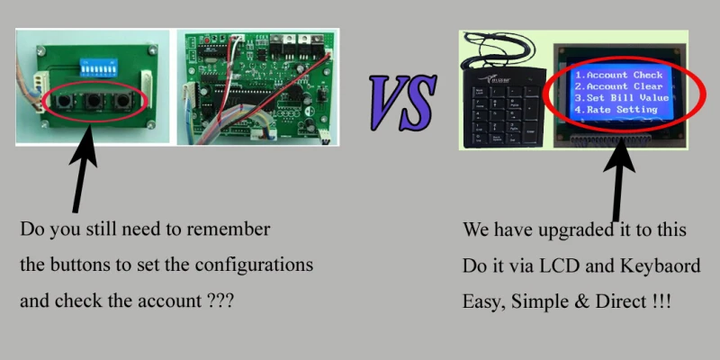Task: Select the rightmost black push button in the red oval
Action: (128, 103)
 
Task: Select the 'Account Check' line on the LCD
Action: (620, 75)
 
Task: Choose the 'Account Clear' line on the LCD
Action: (620, 86)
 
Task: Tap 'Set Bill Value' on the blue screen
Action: (620, 98)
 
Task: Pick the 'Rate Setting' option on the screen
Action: (616, 110)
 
